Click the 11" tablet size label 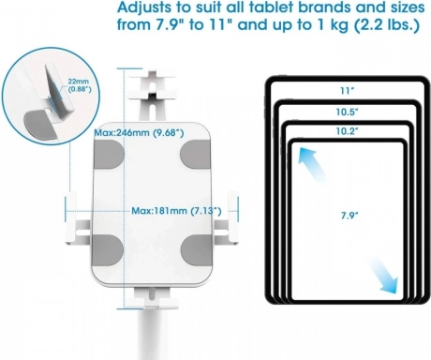(347, 91)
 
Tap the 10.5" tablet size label (347, 112)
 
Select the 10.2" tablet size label (347, 131)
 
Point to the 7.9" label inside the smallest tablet (349, 215)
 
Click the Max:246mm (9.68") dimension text (139, 133)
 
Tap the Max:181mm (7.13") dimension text (176, 211)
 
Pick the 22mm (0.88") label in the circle (79, 85)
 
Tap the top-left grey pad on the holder (108, 154)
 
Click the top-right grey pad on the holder (196, 154)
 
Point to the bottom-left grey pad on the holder (108, 249)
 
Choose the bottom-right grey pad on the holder (196, 249)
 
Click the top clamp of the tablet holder (153, 97)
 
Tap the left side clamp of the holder (78, 219)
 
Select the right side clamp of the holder (226, 219)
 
